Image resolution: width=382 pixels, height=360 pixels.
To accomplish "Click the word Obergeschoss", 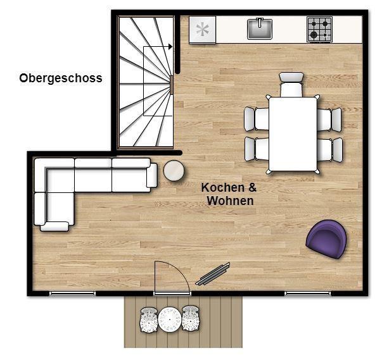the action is [x=61, y=78].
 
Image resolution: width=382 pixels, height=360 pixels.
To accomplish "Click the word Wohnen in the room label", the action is [x=230, y=201].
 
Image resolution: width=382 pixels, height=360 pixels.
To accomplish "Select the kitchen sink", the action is [x=260, y=29].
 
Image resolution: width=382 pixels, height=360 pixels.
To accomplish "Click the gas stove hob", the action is [x=320, y=29].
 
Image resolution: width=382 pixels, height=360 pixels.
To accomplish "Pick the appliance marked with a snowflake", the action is [x=203, y=30].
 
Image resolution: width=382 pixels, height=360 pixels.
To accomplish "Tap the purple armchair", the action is [x=326, y=239].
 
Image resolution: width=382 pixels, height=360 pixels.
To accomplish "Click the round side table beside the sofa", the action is [x=174, y=171].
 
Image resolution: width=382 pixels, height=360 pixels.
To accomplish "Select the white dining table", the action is [x=293, y=134].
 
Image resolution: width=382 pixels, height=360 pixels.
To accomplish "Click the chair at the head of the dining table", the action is [x=291, y=85].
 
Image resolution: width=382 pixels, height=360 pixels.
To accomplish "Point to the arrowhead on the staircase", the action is [x=170, y=46].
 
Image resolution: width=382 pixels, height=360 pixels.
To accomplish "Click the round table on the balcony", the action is [x=170, y=320].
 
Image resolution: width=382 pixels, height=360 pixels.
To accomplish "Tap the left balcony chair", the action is [x=149, y=320].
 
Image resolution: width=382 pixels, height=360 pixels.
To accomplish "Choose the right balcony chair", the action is [x=191, y=318].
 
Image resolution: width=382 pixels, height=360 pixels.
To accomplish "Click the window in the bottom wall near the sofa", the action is [x=72, y=294].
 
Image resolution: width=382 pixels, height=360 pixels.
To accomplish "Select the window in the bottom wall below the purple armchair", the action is [x=308, y=294].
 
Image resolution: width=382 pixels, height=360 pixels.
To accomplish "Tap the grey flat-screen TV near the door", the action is [x=212, y=274].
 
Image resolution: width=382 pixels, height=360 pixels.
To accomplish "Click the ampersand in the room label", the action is [x=252, y=187].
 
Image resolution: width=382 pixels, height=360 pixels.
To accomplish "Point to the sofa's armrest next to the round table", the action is [x=152, y=175].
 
